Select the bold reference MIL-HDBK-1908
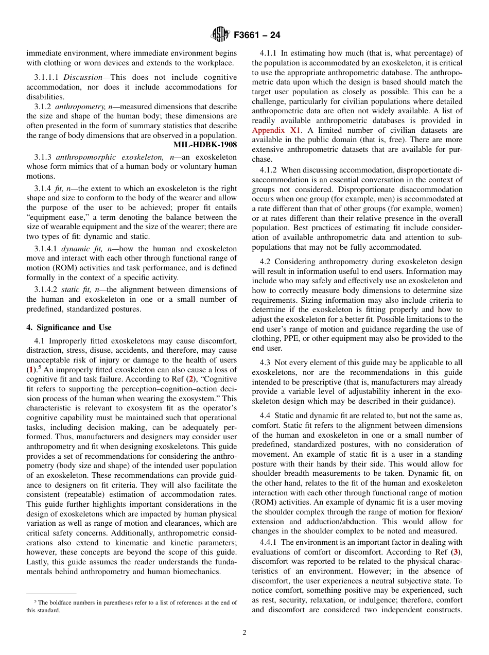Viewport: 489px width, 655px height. click(x=205, y=145)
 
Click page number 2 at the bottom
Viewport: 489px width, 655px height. click(x=244, y=633)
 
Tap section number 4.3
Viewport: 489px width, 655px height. click(x=266, y=363)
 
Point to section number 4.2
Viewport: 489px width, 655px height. click(x=266, y=262)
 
